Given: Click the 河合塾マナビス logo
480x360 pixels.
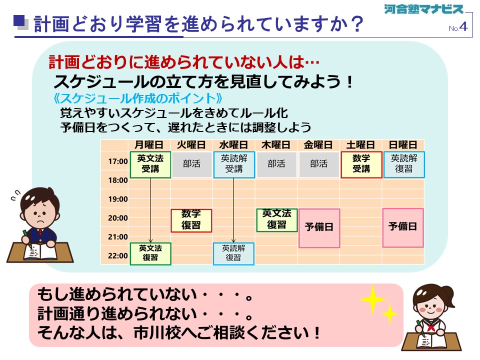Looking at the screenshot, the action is pyautogui.click(x=424, y=9).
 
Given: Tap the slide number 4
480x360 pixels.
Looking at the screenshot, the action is pyautogui.click(x=463, y=26).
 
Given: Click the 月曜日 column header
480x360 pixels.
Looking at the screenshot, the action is pyautogui.click(x=149, y=145).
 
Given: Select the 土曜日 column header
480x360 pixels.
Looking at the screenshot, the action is pyautogui.click(x=360, y=145).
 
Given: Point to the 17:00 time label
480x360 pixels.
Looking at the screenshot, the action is pyautogui.click(x=118, y=161).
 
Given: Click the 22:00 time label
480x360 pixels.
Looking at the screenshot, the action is pyautogui.click(x=118, y=255).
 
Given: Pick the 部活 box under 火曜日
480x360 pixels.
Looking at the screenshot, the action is pyautogui.click(x=191, y=164).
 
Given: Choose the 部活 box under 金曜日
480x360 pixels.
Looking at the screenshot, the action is pyautogui.click(x=318, y=164).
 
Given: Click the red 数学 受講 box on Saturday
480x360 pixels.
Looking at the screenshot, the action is pyautogui.click(x=361, y=164).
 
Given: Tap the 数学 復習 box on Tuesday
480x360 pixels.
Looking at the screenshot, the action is pyautogui.click(x=191, y=220).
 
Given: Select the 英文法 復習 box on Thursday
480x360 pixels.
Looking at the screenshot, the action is pyautogui.click(x=276, y=220).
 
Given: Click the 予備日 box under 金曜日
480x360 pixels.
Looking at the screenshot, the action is pyautogui.click(x=319, y=228).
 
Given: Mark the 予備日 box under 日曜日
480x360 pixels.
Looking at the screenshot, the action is pyautogui.click(x=403, y=227).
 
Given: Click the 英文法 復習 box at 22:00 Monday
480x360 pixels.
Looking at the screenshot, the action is pyautogui.click(x=150, y=253).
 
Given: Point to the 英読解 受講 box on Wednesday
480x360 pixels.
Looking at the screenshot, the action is pyautogui.click(x=234, y=164).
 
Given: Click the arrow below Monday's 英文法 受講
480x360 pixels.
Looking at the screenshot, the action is pyautogui.click(x=150, y=210).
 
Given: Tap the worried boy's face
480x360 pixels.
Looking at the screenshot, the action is pyautogui.click(x=39, y=211).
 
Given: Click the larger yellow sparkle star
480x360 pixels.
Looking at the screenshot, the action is pyautogui.click(x=372, y=299).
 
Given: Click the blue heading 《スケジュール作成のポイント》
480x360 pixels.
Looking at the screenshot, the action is pyautogui.click(x=137, y=98).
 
